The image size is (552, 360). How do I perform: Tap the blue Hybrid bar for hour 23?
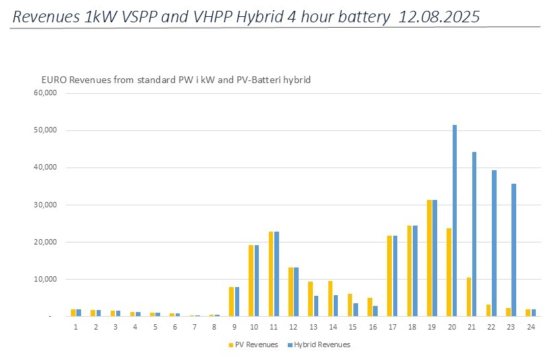coord(513,250)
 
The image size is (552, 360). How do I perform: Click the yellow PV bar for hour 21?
coord(468,297)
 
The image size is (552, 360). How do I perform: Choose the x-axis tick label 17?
coord(392,327)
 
